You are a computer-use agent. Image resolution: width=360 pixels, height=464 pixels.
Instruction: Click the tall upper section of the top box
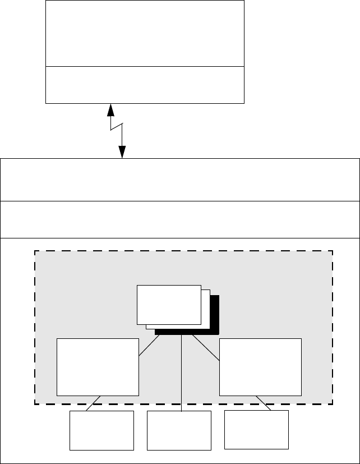[x=145, y=33]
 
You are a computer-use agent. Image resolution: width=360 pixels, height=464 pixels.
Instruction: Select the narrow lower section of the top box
[x=145, y=85]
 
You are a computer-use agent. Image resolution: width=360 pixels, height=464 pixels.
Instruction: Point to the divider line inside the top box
[x=145, y=66]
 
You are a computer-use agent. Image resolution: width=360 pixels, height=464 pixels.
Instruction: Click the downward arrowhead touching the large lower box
[x=122, y=153]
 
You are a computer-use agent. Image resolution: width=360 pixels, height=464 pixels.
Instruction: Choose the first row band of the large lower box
[x=179, y=180]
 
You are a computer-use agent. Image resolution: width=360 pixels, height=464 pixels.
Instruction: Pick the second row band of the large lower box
[x=179, y=219]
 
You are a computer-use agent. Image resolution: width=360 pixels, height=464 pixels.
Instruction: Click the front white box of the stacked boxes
[x=169, y=304]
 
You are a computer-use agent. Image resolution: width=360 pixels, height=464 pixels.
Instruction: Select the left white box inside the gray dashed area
[x=98, y=367]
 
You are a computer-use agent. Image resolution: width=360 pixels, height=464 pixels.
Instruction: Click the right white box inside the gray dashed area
[x=260, y=367]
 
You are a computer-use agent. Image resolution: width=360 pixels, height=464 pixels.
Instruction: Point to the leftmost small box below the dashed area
[x=101, y=430]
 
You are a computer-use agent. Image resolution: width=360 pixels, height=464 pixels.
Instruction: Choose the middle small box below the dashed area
[x=179, y=430]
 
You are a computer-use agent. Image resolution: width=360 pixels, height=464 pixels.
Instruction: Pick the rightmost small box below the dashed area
[x=256, y=430]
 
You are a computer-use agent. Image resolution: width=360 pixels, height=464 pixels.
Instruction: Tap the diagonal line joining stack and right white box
[x=206, y=348]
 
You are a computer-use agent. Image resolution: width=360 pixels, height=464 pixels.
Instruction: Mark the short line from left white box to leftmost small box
[x=93, y=403]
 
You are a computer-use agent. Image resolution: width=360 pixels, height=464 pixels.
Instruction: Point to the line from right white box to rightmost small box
[x=264, y=403]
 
